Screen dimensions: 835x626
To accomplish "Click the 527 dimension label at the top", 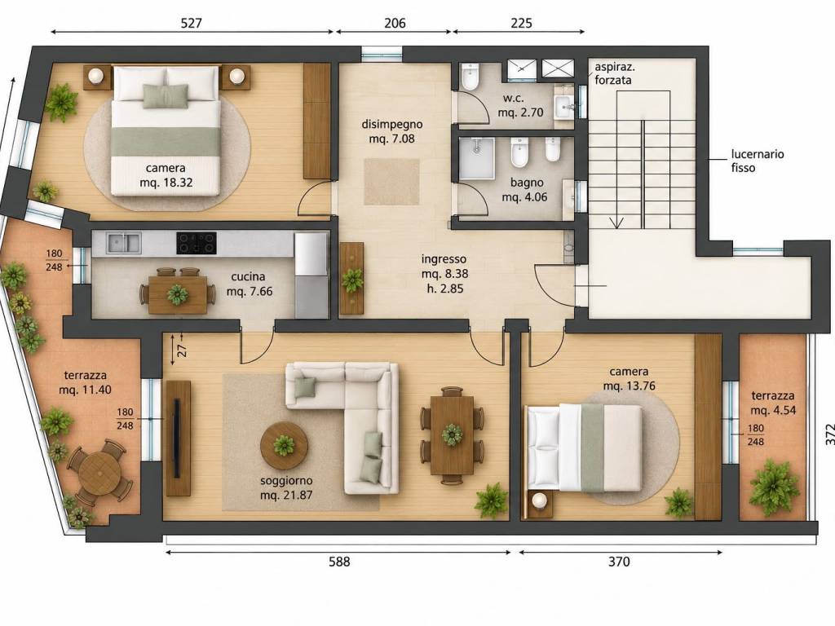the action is click(x=192, y=23).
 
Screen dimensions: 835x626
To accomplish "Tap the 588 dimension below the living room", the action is click(x=339, y=562).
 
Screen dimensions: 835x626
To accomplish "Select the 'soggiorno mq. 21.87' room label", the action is click(x=286, y=487).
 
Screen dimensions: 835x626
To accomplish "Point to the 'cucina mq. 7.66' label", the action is click(x=250, y=284).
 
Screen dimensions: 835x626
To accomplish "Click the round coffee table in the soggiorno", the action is click(x=284, y=445).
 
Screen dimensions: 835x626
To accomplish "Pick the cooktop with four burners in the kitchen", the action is click(x=197, y=243).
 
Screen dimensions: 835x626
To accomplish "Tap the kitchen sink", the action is click(x=124, y=243).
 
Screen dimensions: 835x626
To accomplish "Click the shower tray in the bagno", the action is click(x=476, y=158).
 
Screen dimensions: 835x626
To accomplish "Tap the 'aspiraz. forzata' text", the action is click(x=614, y=73).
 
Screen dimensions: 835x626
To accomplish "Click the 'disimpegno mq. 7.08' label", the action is click(x=392, y=131).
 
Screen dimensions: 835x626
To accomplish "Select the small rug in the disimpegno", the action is click(x=391, y=182).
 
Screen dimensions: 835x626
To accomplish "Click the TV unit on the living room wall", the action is click(x=178, y=438).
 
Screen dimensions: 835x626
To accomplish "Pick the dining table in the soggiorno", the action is click(x=452, y=435).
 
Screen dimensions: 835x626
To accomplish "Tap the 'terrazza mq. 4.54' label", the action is click(x=773, y=403).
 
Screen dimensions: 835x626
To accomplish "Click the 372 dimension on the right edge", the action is click(x=825, y=434).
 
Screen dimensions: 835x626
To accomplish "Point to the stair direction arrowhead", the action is click(x=617, y=223).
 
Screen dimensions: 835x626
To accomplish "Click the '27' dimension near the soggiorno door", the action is click(x=182, y=351).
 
